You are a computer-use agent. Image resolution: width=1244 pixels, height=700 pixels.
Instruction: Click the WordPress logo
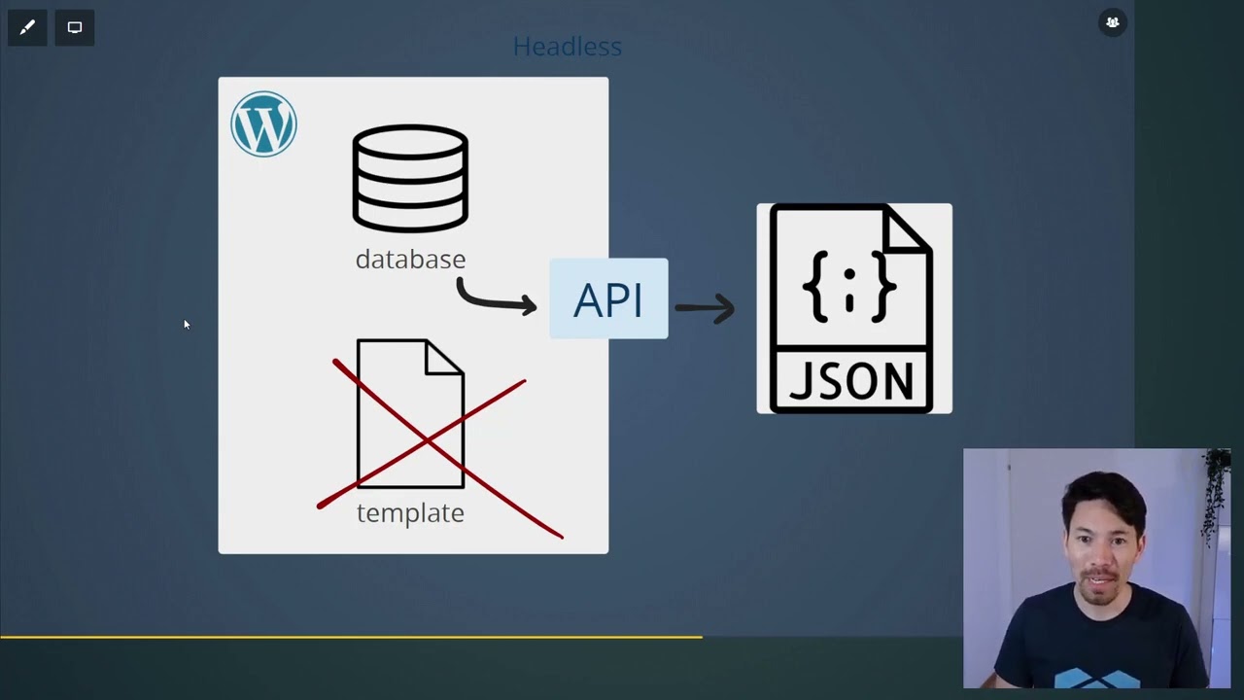click(263, 124)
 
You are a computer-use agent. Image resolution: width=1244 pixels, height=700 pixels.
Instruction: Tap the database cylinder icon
click(410, 178)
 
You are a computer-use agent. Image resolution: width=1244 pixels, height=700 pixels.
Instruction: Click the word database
click(410, 260)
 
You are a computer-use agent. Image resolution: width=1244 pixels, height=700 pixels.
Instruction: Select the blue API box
click(608, 299)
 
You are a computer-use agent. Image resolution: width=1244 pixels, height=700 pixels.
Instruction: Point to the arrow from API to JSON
click(705, 308)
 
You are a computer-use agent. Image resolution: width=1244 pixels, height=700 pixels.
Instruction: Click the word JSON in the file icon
click(851, 380)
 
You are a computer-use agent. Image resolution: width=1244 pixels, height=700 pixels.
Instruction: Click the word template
click(410, 513)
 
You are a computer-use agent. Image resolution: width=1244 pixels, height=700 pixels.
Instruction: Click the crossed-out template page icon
click(410, 413)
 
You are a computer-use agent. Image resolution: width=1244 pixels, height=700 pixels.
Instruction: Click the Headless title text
click(567, 47)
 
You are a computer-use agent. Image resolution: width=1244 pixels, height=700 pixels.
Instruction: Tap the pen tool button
click(27, 27)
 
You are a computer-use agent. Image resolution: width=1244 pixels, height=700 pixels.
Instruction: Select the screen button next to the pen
click(75, 27)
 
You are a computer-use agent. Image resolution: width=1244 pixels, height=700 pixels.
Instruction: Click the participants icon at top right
click(1113, 22)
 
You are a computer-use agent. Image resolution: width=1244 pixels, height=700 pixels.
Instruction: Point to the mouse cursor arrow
click(186, 325)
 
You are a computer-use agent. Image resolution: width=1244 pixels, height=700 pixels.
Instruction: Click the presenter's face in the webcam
click(1102, 544)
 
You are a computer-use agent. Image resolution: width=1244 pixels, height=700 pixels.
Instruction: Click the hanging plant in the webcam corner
click(1214, 496)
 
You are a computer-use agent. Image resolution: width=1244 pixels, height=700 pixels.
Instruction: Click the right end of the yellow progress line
click(700, 637)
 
